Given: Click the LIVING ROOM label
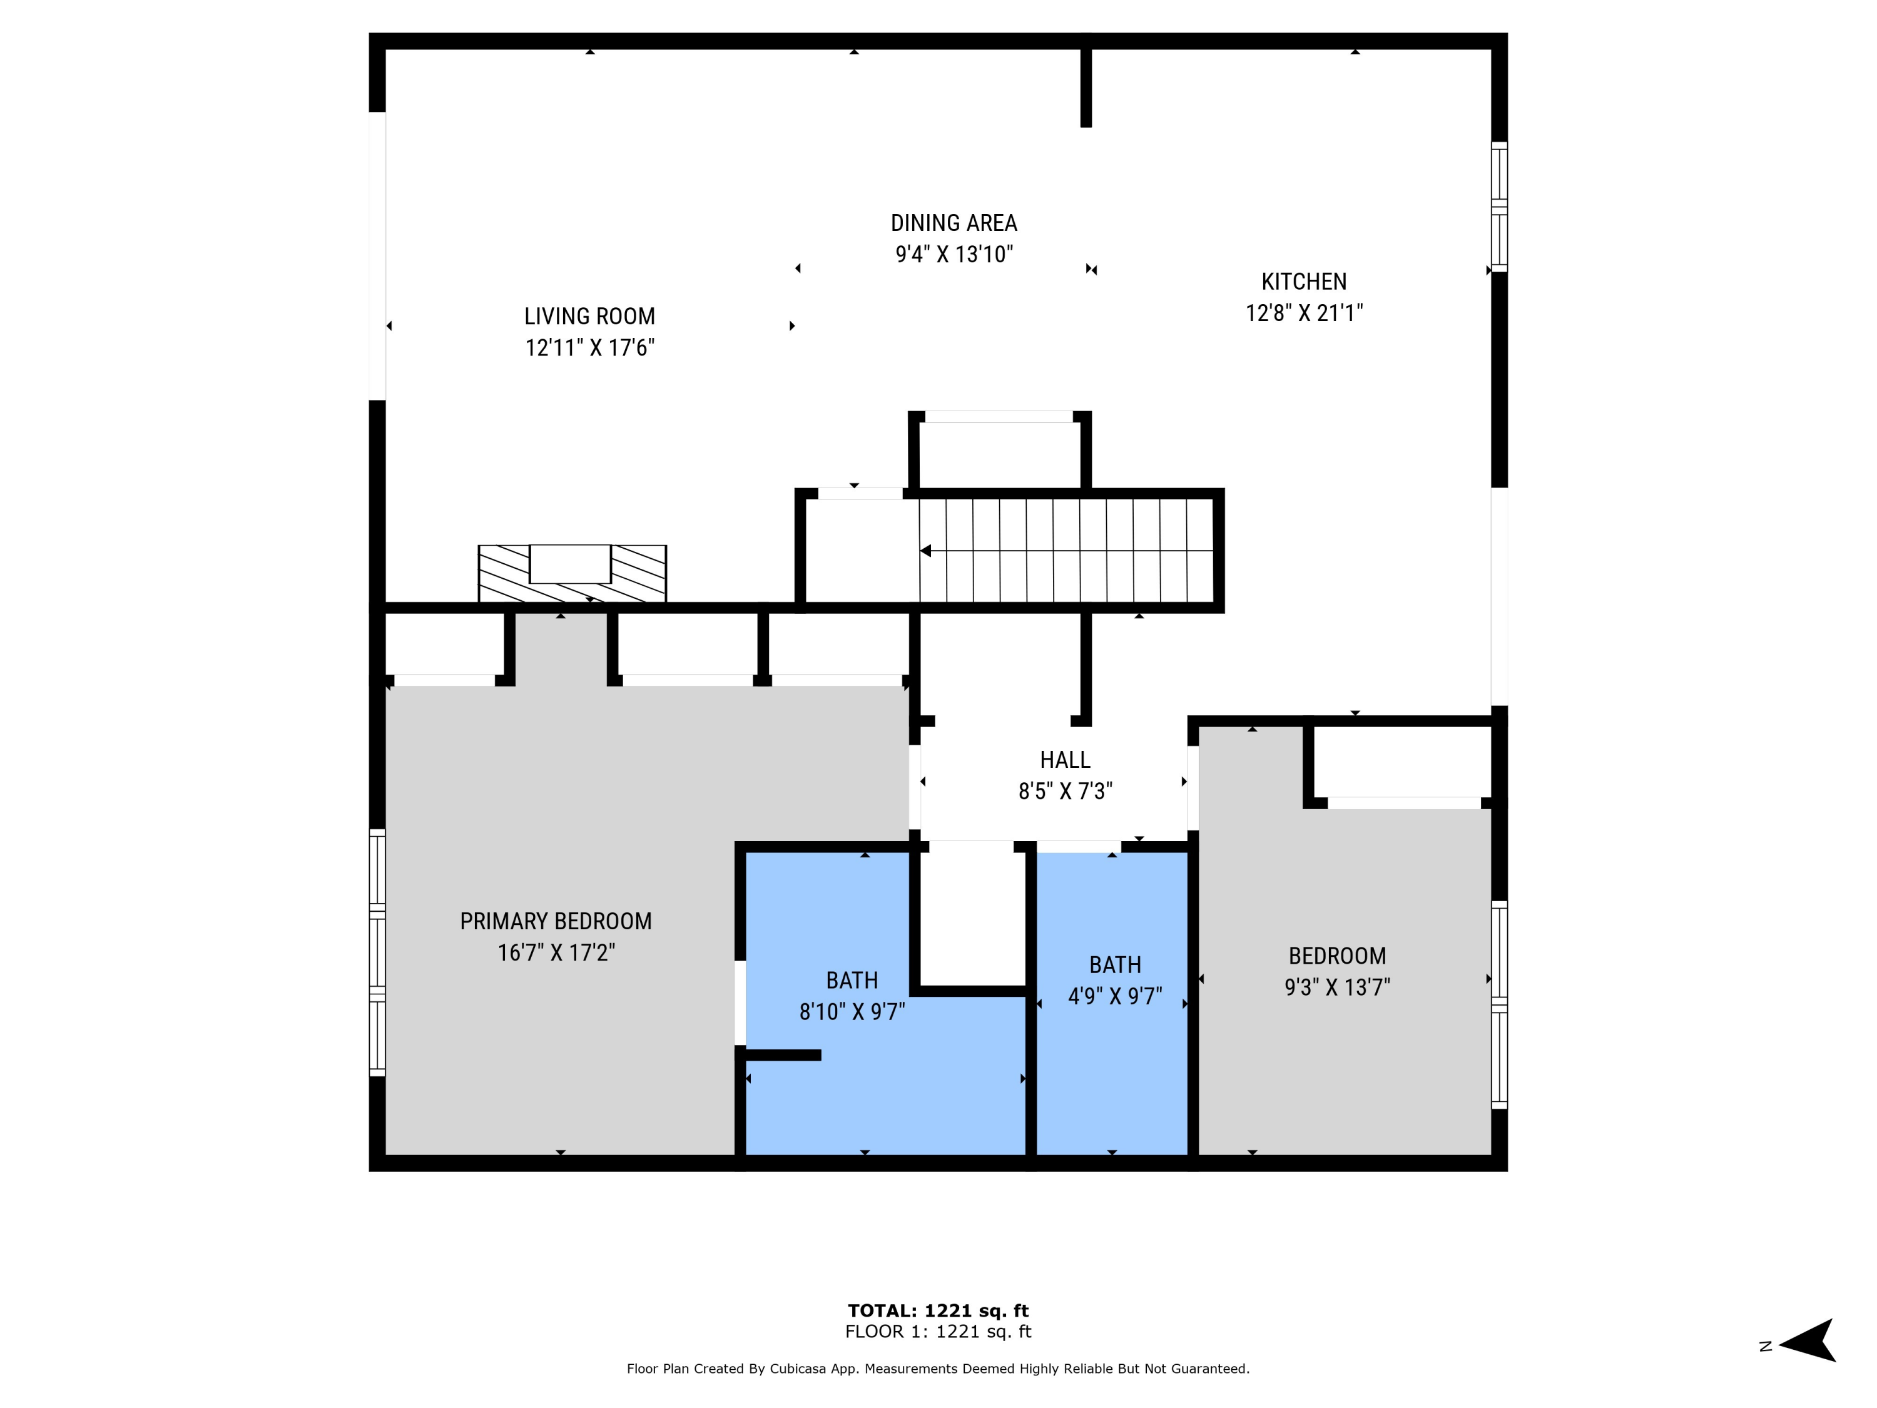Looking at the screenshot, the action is tap(590, 317).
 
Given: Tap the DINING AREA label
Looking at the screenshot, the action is tap(954, 223).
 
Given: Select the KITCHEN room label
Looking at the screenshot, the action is tap(1303, 282).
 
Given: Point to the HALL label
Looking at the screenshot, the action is tap(1065, 760).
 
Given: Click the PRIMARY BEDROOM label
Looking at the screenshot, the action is tap(556, 921).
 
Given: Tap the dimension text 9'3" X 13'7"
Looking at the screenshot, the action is tap(1337, 987).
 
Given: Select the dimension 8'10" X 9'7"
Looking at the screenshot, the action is tap(852, 1012).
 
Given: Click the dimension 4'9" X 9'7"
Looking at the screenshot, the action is tap(1115, 996).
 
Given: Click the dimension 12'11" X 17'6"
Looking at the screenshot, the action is tap(590, 348).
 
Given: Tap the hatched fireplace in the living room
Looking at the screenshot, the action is tap(572, 574).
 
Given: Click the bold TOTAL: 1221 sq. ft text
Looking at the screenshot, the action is tap(938, 1310).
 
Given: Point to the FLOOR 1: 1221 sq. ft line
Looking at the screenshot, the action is tap(938, 1332).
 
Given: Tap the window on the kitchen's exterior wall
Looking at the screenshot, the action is tap(1499, 207).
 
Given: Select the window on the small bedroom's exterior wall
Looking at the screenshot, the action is tap(1499, 1005).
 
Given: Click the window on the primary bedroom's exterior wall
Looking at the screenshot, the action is tap(377, 952).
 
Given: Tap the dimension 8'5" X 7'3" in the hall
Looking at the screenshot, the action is tap(1065, 791).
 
